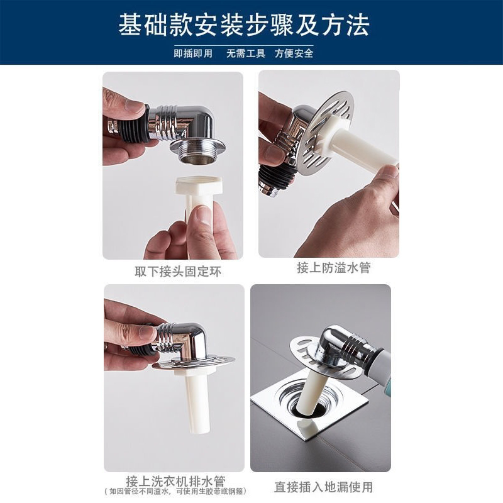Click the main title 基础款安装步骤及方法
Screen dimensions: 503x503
(244, 25)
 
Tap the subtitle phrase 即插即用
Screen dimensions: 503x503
(193, 53)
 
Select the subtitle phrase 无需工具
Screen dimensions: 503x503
(246, 53)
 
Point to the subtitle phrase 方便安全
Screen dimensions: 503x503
(294, 53)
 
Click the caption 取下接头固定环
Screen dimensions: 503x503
(178, 272)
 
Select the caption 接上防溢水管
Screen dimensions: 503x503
(334, 268)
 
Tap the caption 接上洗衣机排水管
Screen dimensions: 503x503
(176, 482)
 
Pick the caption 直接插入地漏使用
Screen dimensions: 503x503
(323, 487)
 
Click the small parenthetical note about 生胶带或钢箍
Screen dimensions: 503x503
(175, 491)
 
